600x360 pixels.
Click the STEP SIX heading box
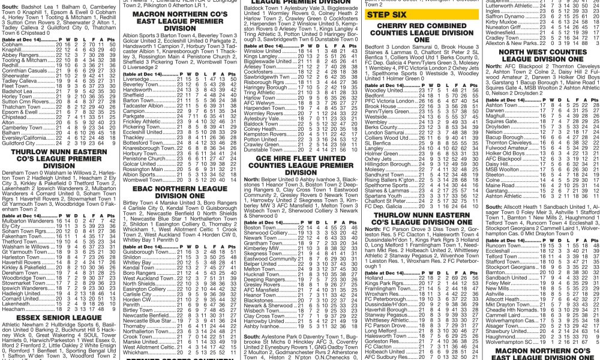[x=385, y=14]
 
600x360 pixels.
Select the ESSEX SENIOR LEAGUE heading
[x=59, y=317]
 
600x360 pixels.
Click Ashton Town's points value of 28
[x=595, y=105]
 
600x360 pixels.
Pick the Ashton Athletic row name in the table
[x=504, y=196]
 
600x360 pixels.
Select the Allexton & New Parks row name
[x=511, y=44]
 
